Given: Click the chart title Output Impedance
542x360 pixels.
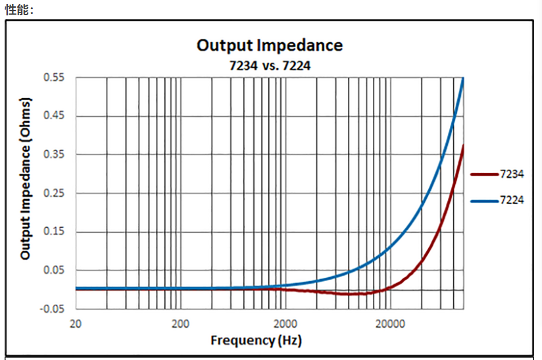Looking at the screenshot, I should click(x=270, y=45).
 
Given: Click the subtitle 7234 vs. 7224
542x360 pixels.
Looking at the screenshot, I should click(x=270, y=65).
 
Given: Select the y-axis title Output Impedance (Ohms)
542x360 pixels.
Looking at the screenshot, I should click(x=26, y=179).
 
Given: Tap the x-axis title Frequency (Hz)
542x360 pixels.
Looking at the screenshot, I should click(x=256, y=340).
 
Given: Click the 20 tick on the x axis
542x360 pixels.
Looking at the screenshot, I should click(x=76, y=323).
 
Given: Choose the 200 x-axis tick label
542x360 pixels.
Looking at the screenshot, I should click(x=180, y=323).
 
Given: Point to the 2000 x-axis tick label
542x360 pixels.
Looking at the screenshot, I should click(x=285, y=323).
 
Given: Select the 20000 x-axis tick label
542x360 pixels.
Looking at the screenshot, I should click(x=389, y=323).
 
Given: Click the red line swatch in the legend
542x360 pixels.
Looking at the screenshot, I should click(x=484, y=174).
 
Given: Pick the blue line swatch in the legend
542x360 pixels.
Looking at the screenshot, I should click(x=484, y=200).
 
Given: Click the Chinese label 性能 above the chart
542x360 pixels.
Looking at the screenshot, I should click(x=18, y=9).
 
